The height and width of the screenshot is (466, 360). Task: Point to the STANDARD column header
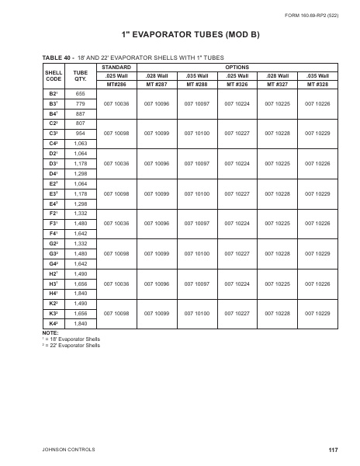pyautogui.click(x=116, y=68)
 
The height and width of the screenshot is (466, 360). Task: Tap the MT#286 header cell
pyautogui.click(x=116, y=83)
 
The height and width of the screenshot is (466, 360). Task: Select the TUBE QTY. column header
pyautogui.click(x=80, y=75)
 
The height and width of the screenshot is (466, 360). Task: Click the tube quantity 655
pyautogui.click(x=80, y=93)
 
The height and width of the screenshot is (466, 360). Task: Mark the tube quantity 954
pyautogui.click(x=80, y=134)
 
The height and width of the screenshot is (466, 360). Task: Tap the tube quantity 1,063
pyautogui.click(x=80, y=144)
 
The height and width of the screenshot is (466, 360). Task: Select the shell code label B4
pyautogui.click(x=54, y=113)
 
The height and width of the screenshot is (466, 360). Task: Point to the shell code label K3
pyautogui.click(x=54, y=312)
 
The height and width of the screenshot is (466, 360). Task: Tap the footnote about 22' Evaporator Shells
pyautogui.click(x=71, y=344)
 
